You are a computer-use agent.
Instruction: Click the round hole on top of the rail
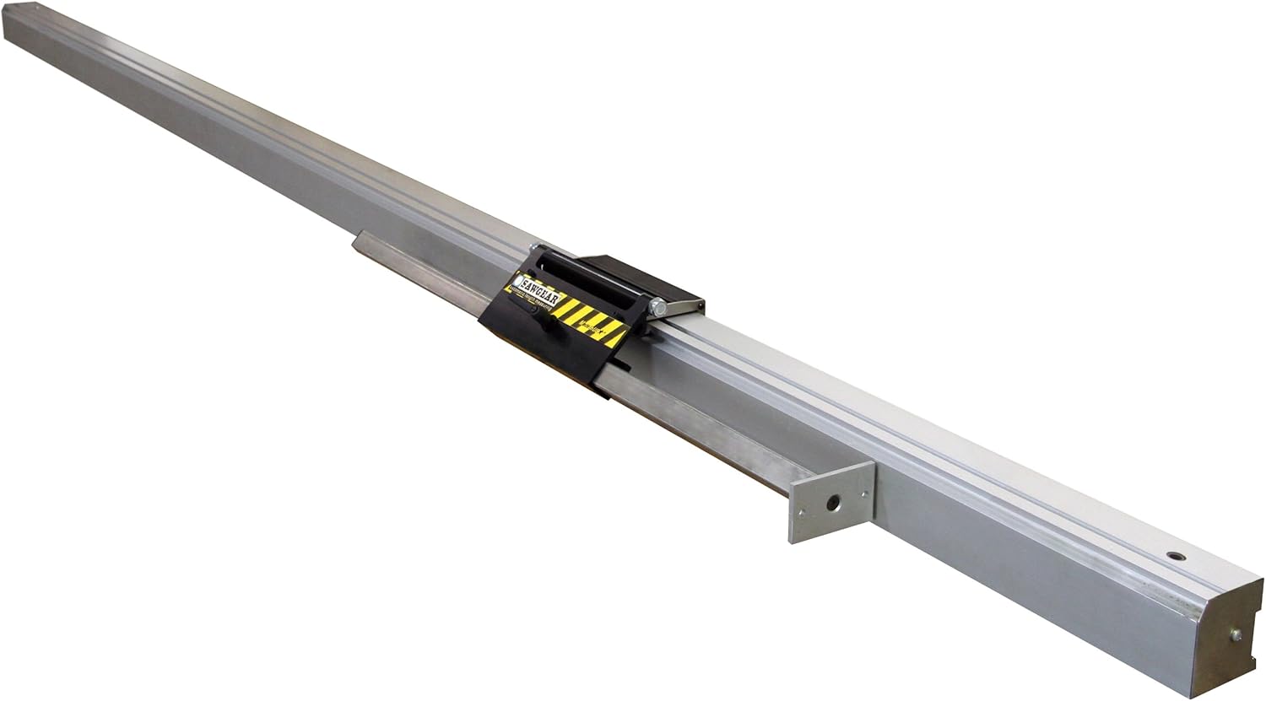tap(1173, 558)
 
